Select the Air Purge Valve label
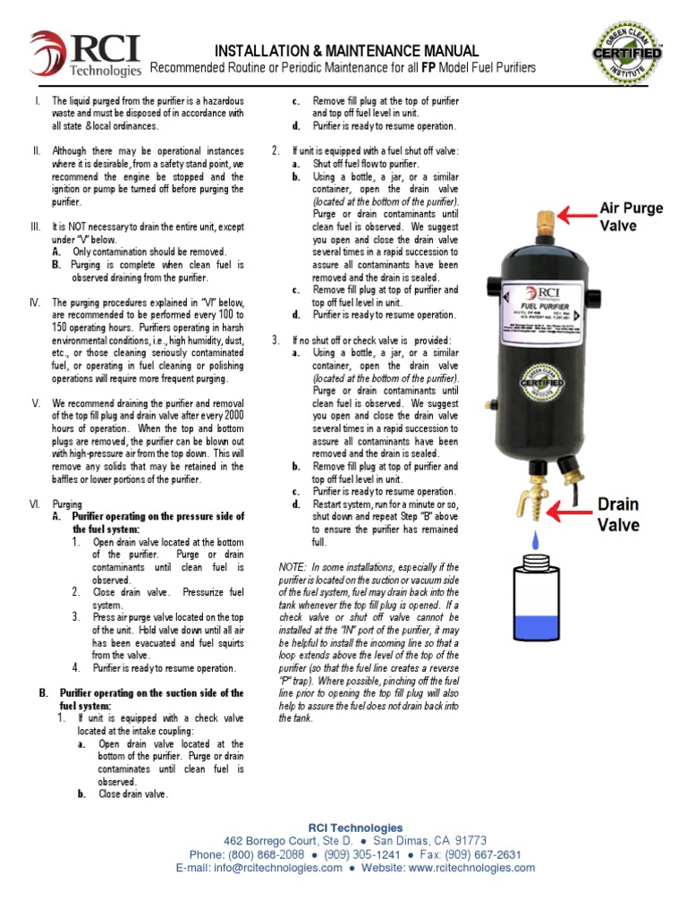[631, 216]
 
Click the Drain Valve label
[631, 516]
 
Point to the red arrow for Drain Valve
[572, 510]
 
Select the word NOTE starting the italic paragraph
[293, 568]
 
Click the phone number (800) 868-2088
[267, 854]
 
